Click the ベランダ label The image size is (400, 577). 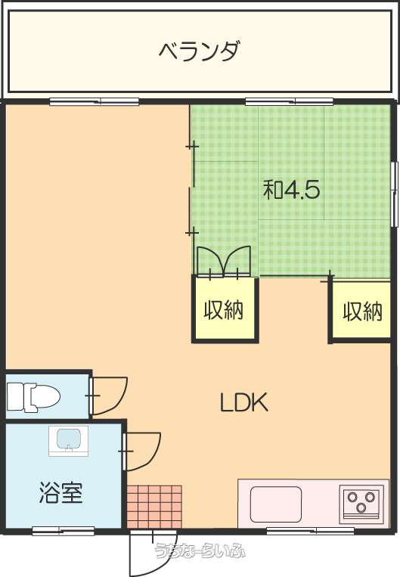[200, 51]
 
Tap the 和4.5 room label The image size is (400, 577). [291, 191]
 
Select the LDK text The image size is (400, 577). [244, 402]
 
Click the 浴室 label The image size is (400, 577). [60, 492]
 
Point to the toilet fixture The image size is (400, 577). [33, 397]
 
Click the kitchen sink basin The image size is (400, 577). [276, 504]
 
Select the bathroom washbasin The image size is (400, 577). [69, 441]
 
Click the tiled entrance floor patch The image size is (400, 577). [154, 507]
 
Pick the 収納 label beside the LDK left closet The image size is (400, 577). [224, 309]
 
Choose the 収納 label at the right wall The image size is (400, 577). [363, 312]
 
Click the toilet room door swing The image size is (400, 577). [110, 396]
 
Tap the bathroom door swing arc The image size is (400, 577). [143, 451]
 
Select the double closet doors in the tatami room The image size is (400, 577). [224, 261]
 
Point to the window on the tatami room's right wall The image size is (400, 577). [395, 194]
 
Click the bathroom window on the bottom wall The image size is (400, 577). [64, 531]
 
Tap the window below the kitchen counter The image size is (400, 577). [310, 531]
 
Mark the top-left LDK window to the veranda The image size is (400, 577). [95, 101]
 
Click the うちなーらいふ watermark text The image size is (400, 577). [200, 551]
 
